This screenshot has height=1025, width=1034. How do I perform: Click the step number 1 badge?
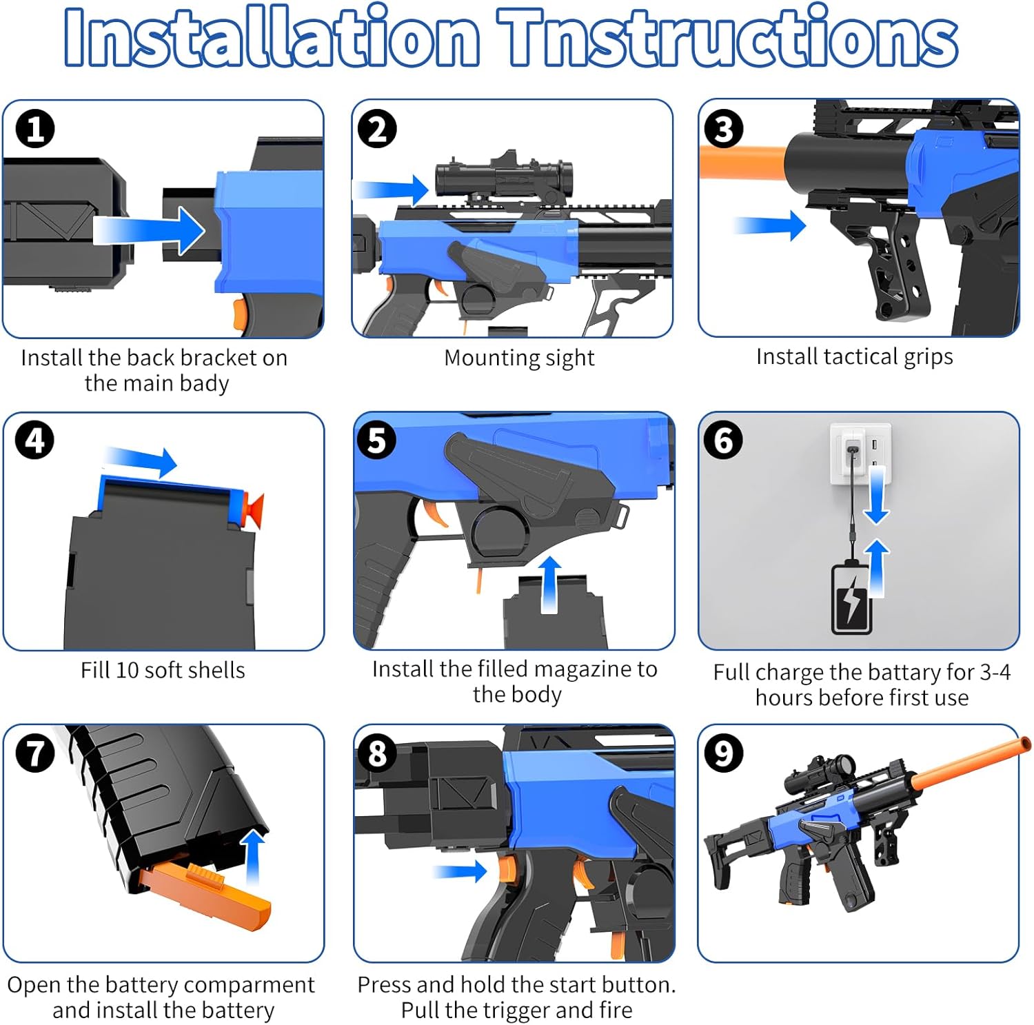tap(35, 129)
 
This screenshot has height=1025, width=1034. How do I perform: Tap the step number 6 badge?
tap(723, 440)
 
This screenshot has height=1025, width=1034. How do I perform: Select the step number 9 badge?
tap(723, 753)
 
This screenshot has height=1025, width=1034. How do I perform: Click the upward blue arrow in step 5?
tap(549, 585)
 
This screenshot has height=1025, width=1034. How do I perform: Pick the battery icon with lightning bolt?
tap(852, 598)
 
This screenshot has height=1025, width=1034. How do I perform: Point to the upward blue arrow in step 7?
tap(254, 857)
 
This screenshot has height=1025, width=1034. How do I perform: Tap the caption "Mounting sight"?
tap(519, 358)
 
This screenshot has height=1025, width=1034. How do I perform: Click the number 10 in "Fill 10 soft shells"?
tap(128, 670)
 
